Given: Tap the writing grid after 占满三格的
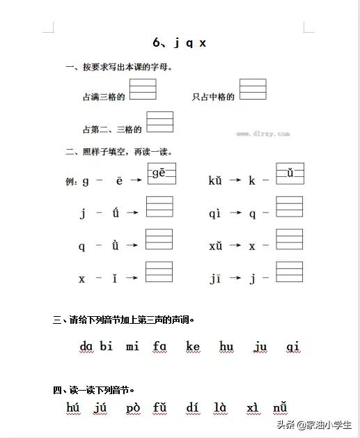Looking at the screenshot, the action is [x=143, y=90].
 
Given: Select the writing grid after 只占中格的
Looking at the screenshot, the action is [x=253, y=90].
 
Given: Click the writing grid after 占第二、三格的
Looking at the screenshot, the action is [x=159, y=122].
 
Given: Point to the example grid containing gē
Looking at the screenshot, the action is [x=162, y=173].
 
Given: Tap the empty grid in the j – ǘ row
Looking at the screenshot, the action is [x=159, y=207].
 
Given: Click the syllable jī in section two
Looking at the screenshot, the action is [x=214, y=278].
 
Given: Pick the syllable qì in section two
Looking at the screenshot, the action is [x=214, y=214].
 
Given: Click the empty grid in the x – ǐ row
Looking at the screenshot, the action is [x=159, y=272].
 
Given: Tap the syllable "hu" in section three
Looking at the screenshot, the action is [x=226, y=346].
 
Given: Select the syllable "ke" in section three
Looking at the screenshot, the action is [x=193, y=346].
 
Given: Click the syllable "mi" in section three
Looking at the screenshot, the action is [x=132, y=346].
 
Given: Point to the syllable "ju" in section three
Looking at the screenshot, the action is [x=260, y=346].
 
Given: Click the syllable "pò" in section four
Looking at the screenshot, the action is [x=134, y=408].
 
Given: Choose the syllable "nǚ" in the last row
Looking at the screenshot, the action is [x=280, y=407].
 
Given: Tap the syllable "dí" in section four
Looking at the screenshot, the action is [x=193, y=407].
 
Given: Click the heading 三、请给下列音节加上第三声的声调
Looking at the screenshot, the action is [x=123, y=320].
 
